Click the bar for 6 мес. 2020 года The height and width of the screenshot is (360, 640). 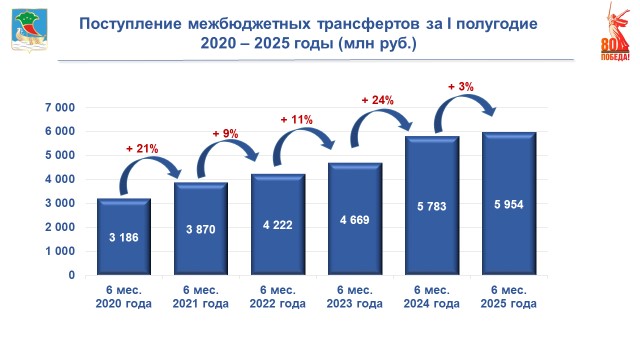coord(124,237)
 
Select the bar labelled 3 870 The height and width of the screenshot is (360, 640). coord(200,229)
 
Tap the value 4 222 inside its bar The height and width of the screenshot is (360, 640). coord(278,225)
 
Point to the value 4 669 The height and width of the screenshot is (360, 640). coord(354,220)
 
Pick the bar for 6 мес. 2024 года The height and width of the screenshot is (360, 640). coord(432,206)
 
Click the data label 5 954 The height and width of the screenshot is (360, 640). coord(509,204)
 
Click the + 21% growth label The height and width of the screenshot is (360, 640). coord(142,149)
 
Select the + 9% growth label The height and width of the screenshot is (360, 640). coord(225,133)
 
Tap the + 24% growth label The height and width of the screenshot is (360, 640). coord(378,100)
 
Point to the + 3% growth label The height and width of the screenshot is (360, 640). coord(461,87)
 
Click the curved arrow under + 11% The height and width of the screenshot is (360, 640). coord(302,131)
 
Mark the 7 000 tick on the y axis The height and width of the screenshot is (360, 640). coord(60,108)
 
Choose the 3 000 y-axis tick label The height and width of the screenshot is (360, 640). coord(60,203)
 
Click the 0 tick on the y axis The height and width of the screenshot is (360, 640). coord(72,275)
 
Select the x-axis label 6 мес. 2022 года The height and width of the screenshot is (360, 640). coord(278,297)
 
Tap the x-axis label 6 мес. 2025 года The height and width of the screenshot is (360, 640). coord(509,297)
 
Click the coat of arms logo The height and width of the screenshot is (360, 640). coord(29,31)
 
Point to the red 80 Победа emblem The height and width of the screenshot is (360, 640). coord(615,32)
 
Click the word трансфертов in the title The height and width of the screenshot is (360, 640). coord(368,24)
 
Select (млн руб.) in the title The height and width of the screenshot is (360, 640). coord(378,42)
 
